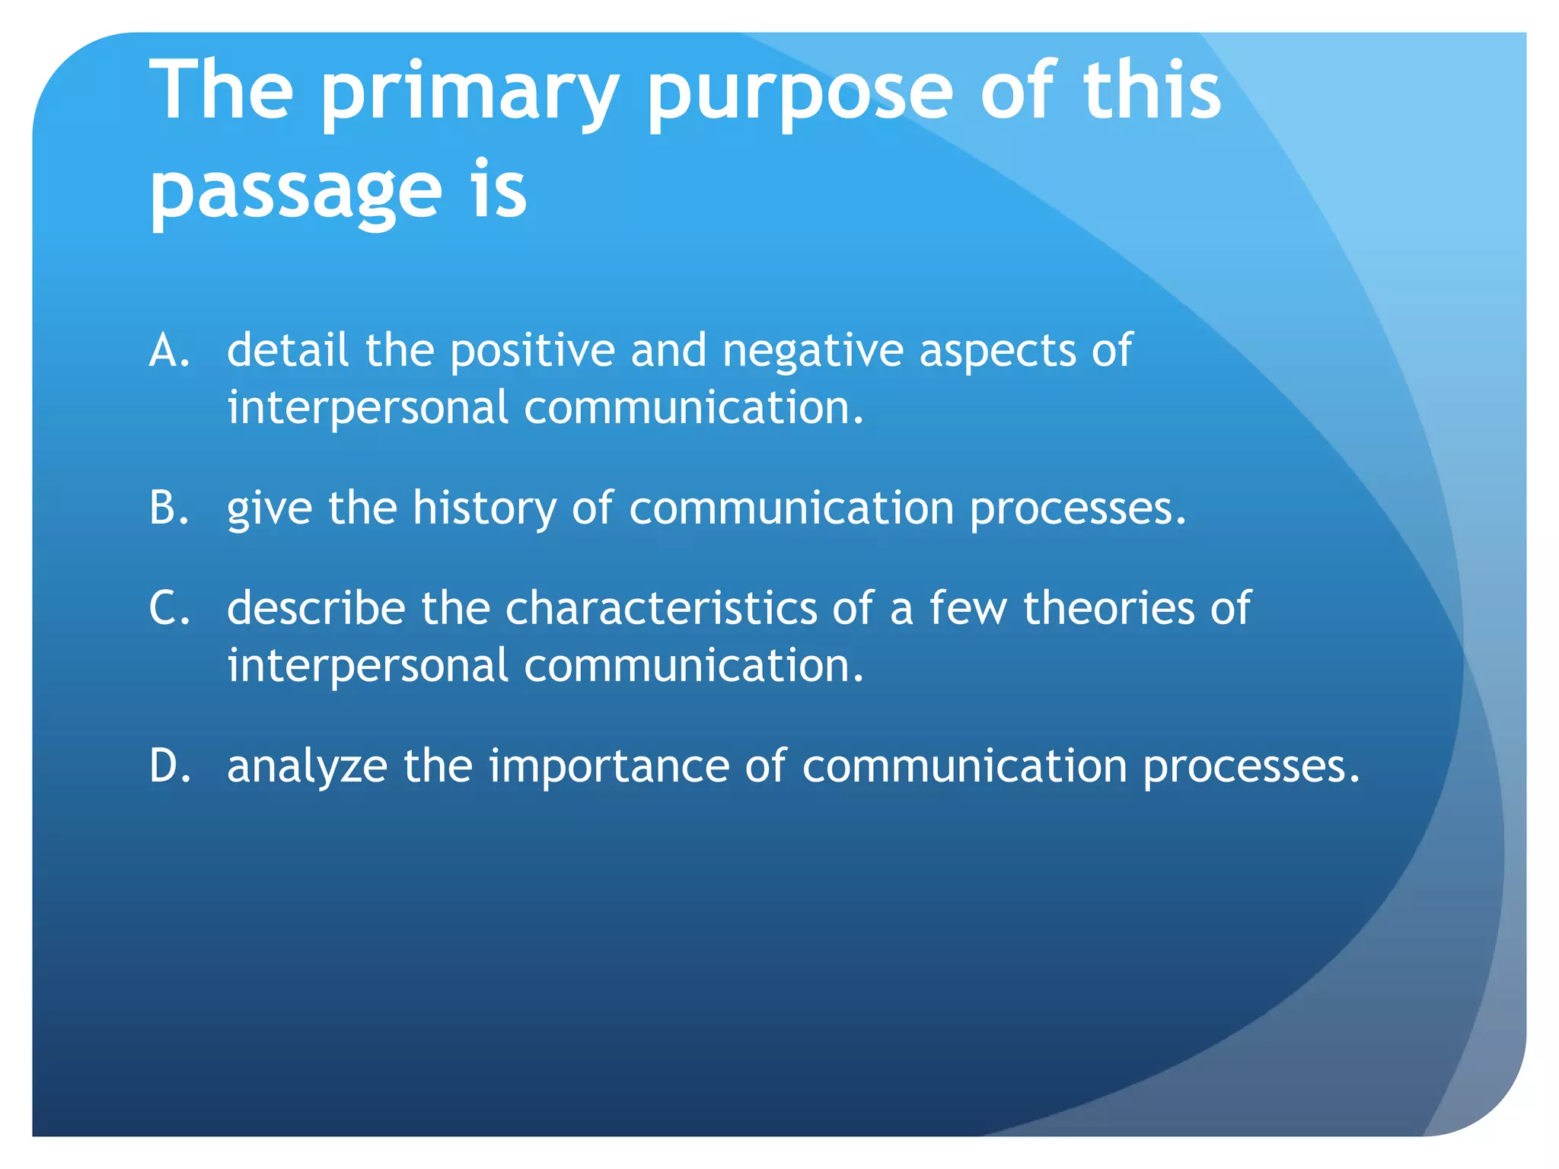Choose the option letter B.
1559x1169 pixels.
point(168,508)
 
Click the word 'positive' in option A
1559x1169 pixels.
point(532,352)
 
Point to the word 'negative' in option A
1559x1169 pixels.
point(812,352)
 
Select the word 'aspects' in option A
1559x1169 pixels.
point(997,352)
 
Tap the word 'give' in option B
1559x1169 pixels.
point(269,508)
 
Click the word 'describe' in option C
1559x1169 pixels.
point(316,609)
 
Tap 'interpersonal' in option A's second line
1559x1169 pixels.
point(368,409)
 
